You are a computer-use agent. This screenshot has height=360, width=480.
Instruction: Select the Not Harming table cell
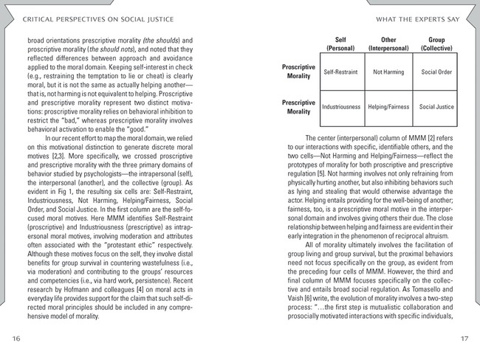388,73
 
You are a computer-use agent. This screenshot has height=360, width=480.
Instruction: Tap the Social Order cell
436,73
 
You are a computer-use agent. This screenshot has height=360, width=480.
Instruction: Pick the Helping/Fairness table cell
388,107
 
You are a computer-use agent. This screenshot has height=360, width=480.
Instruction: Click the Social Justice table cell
436,107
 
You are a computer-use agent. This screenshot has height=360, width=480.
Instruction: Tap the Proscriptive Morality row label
299,72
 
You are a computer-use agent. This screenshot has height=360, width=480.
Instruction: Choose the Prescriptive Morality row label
299,107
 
